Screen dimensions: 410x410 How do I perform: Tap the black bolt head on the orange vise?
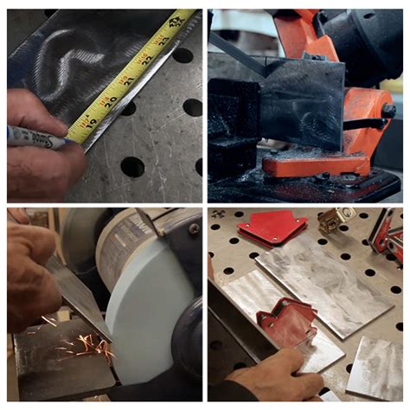[388, 111]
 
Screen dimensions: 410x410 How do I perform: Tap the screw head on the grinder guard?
[194, 229]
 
